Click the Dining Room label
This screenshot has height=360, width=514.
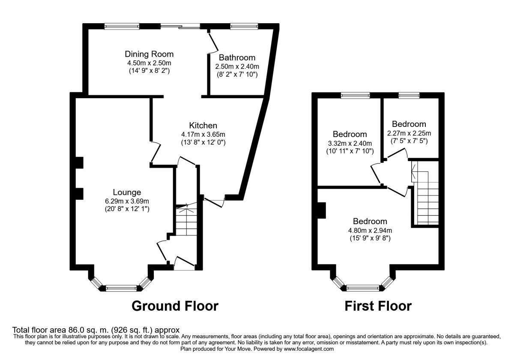149,54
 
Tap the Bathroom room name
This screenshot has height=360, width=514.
237,57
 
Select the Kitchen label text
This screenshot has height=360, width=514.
203,126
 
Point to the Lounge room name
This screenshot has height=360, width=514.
127,192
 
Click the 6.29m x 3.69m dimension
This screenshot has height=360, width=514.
127,201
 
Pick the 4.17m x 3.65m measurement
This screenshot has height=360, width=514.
203,134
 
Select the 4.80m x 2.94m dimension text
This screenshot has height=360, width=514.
370,230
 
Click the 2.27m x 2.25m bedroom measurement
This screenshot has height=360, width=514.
409,133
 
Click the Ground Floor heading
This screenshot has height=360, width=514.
175,306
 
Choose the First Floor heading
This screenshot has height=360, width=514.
378,306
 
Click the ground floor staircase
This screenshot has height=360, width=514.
186,221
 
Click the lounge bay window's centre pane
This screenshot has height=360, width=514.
122,288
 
